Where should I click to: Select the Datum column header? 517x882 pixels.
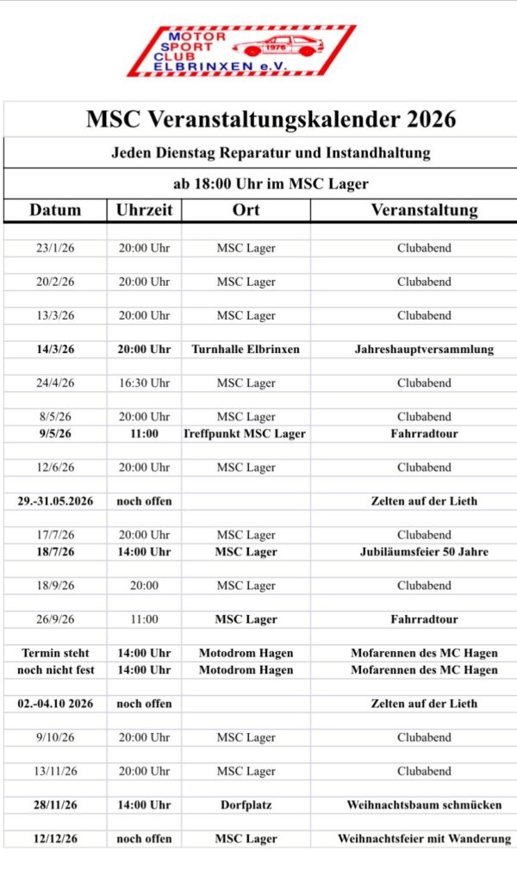pyautogui.click(x=55, y=210)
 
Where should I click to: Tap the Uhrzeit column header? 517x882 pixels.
pyautogui.click(x=144, y=210)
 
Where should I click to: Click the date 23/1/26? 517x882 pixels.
pyautogui.click(x=55, y=248)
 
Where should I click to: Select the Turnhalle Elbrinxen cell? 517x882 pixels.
pyautogui.click(x=246, y=350)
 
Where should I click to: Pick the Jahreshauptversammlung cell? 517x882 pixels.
pyautogui.click(x=424, y=350)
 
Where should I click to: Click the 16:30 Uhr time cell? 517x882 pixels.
pyautogui.click(x=144, y=383)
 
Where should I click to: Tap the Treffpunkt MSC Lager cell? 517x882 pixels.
pyautogui.click(x=246, y=434)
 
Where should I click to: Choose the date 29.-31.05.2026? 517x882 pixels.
pyautogui.click(x=55, y=501)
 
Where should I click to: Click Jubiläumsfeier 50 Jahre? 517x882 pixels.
pyautogui.click(x=424, y=552)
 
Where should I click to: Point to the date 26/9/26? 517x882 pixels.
pyautogui.click(x=55, y=619)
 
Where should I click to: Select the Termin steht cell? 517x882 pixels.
pyautogui.click(x=55, y=653)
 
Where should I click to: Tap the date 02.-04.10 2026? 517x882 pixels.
pyautogui.click(x=55, y=704)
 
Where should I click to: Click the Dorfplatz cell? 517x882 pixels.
pyautogui.click(x=246, y=805)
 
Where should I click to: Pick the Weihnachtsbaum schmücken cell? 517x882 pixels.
pyautogui.click(x=424, y=805)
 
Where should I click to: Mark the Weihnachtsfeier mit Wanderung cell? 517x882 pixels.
pyautogui.click(x=424, y=839)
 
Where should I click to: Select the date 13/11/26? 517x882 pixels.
pyautogui.click(x=55, y=772)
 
